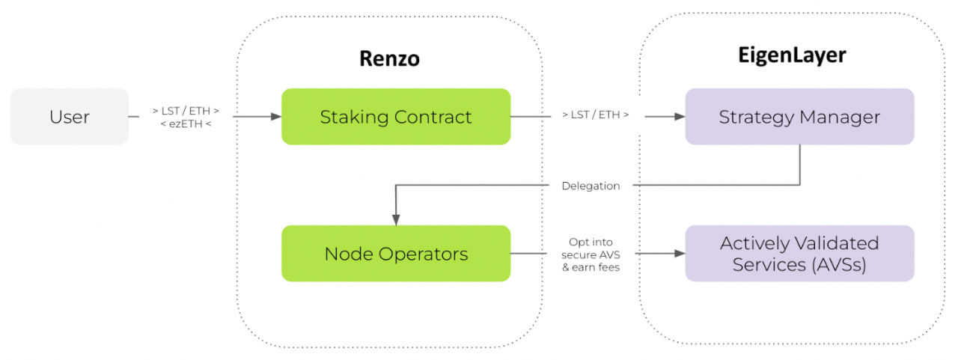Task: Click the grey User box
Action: (70, 116)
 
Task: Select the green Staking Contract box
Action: (396, 116)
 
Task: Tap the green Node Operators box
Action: (396, 253)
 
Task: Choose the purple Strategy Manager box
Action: (800, 116)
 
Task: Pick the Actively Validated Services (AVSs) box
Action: (800, 253)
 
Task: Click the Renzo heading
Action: (390, 58)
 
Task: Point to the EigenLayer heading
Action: (792, 55)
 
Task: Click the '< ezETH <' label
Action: (186, 124)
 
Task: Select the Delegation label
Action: (591, 186)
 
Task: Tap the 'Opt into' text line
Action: (591, 242)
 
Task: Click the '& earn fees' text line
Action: (591, 267)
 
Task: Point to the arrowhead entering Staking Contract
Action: (276, 116)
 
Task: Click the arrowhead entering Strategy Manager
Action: (680, 116)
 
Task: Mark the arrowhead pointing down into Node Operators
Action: (396, 220)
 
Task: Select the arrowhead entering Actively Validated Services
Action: (680, 254)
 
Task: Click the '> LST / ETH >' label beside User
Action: (186, 112)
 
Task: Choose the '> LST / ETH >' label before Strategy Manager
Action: (595, 115)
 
